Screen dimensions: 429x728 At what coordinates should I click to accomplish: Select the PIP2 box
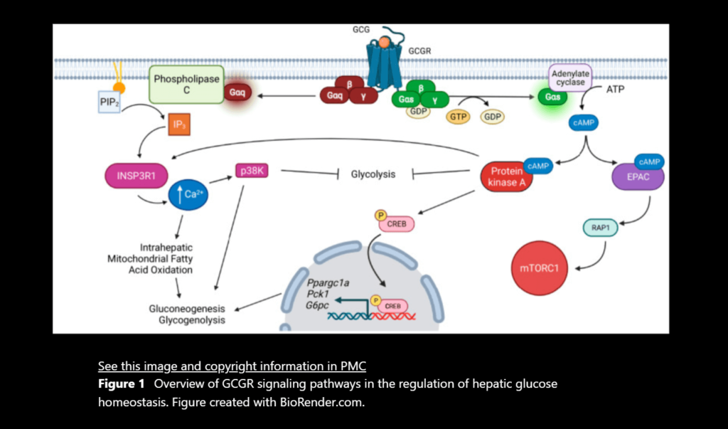pos(109,102)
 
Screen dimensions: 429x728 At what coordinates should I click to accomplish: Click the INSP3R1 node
pos(132,174)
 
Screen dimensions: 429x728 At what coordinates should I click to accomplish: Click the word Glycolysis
pos(373,174)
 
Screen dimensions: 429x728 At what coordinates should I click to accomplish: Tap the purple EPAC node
pos(638,175)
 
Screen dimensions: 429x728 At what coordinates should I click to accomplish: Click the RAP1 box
pos(601,228)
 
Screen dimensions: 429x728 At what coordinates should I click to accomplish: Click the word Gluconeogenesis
pos(187,309)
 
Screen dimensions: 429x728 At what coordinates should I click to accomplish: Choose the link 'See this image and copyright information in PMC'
pos(232,366)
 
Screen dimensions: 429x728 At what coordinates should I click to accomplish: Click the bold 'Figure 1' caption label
pos(122,383)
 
